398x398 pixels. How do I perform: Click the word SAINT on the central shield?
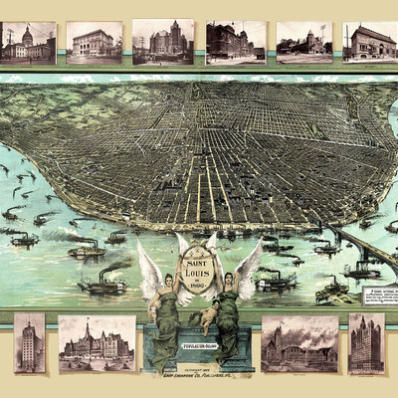coord(198,254)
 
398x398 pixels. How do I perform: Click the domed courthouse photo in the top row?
coord(28,43)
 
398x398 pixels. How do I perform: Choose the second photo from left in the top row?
coord(94,43)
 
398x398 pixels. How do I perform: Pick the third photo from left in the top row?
coord(163,42)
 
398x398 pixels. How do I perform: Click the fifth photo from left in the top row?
coord(303,43)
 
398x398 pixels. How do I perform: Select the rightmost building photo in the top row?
coord(370,43)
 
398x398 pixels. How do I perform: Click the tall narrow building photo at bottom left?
coord(30,343)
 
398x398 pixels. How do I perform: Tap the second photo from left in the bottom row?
coord(97,343)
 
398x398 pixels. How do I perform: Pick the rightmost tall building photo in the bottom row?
coord(366,343)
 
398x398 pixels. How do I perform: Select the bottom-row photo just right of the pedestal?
coord(299,343)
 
